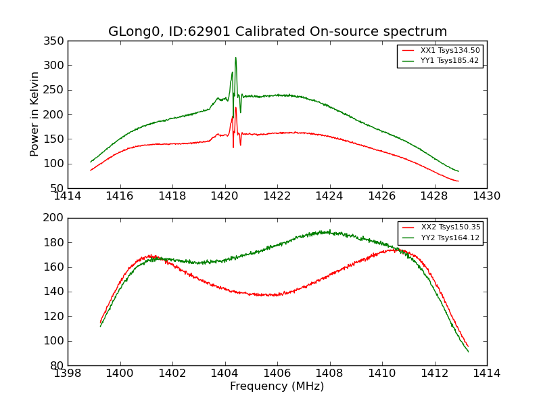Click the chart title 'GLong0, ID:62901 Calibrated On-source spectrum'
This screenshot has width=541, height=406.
(277, 32)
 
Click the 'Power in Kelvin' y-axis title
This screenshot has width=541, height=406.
(34, 114)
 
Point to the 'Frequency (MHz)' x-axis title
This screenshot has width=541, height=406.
(277, 386)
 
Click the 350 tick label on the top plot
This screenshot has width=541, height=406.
(55, 41)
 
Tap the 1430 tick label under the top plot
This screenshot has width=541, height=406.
(486, 196)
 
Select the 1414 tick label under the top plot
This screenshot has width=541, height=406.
(68, 196)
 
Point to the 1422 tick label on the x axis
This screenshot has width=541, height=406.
(277, 196)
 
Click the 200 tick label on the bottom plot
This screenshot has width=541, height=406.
(55, 218)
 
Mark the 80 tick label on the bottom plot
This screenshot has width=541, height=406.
(58, 365)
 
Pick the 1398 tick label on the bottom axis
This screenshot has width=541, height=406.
(68, 374)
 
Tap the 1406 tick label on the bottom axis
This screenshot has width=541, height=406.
(277, 374)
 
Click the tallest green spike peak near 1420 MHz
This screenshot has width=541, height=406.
(235, 58)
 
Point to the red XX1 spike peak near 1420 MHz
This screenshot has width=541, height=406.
(235, 107)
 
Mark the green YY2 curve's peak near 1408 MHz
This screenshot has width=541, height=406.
(328, 231)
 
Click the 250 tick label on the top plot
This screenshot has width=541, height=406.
(55, 90)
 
